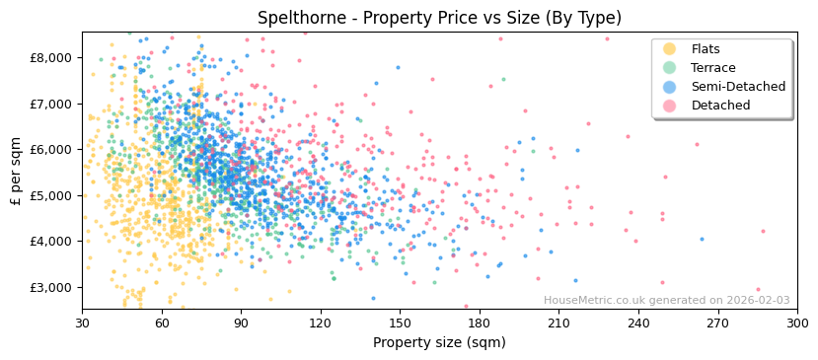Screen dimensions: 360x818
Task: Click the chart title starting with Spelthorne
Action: pyautogui.click(x=439, y=18)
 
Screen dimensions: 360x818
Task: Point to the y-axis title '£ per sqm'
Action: pyautogui.click(x=16, y=171)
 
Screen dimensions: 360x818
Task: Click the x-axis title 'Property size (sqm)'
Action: pyautogui.click(x=439, y=343)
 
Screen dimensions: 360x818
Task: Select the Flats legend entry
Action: pyautogui.click(x=706, y=49)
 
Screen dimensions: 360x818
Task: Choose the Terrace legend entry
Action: pyautogui.click(x=713, y=68)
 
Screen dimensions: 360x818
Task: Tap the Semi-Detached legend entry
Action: pyautogui.click(x=738, y=87)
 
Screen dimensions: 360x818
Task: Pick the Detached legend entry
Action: pyautogui.click(x=720, y=106)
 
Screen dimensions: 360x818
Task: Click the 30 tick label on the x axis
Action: pyautogui.click(x=82, y=323)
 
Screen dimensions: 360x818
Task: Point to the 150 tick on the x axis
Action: pyautogui.click(x=400, y=323)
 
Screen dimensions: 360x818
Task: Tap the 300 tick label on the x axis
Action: pyautogui.click(x=797, y=323)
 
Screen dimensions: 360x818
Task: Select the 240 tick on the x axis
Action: pyautogui.click(x=638, y=323)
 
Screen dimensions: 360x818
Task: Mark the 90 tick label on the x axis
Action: pyautogui.click(x=241, y=323)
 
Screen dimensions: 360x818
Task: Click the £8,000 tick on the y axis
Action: pyautogui.click(x=50, y=57)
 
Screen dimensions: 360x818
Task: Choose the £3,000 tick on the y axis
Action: pyautogui.click(x=50, y=287)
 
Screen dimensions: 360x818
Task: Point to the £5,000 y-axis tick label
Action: pyautogui.click(x=50, y=195)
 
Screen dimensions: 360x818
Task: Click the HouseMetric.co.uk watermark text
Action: pyautogui.click(x=666, y=301)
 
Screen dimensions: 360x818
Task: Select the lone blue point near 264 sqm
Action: pyautogui.click(x=702, y=239)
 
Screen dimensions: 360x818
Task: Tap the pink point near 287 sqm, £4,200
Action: pyautogui.click(x=763, y=232)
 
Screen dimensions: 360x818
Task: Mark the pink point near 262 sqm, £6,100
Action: pyautogui.click(x=697, y=144)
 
